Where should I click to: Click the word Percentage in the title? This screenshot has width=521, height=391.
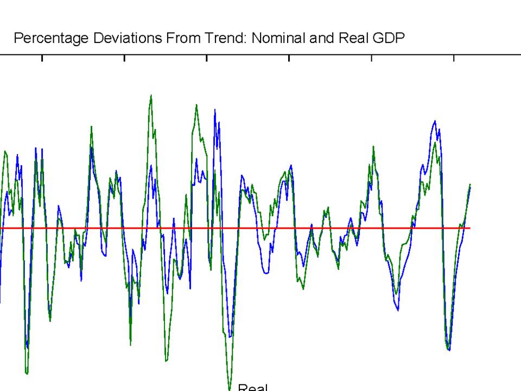coord(44,38)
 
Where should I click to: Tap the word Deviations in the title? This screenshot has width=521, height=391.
coord(108,38)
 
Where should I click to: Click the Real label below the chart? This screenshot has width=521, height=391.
coord(253,387)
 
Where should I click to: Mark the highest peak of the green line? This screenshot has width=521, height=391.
coord(151,96)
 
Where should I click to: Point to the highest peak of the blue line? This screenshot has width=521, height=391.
coord(215,110)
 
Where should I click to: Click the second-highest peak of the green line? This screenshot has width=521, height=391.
coord(196,105)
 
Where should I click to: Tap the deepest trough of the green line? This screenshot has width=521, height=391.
coord(230,389)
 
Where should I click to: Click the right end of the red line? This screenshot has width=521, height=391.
coord(469,228)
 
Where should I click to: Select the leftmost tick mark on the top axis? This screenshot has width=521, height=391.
coord(42,58)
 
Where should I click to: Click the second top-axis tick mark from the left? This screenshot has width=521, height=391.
coord(124,58)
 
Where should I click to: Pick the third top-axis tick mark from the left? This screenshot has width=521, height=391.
coord(207,58)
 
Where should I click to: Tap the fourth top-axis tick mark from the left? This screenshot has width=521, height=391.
coord(289,58)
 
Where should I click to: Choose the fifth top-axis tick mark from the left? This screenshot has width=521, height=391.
coord(371,58)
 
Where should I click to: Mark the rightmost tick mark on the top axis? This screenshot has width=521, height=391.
coord(454,58)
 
